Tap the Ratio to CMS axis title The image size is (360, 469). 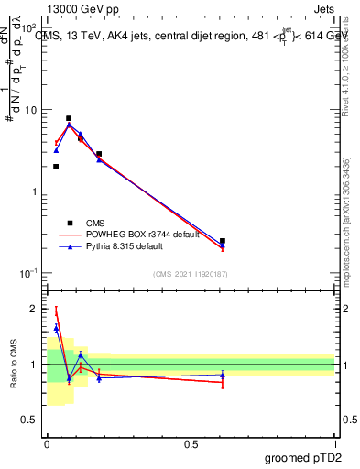14,364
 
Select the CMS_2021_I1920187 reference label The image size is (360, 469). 189,273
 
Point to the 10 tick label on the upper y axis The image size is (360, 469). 30,110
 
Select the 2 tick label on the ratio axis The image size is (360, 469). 34,309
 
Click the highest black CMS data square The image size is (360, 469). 69,118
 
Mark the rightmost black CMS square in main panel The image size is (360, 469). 223,241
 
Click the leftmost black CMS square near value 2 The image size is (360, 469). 56,167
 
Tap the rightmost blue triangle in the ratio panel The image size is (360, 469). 223,375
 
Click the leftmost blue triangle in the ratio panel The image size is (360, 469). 56,328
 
